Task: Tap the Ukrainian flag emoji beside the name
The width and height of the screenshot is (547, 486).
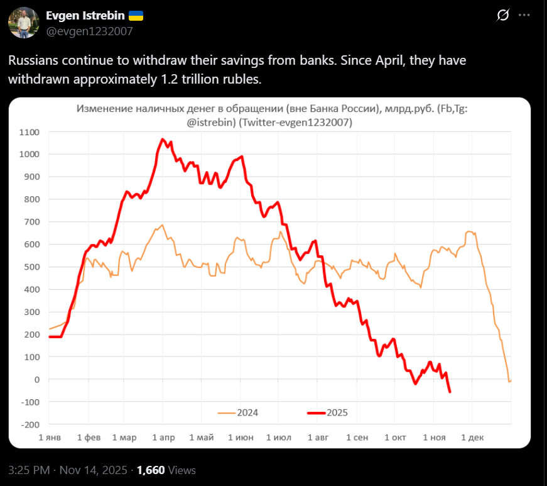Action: point(136,16)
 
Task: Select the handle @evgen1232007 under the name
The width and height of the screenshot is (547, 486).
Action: point(89,31)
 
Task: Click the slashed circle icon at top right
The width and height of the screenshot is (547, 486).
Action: point(502,16)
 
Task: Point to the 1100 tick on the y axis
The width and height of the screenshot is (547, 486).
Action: point(29,132)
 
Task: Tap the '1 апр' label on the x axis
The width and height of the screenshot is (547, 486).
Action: point(163,438)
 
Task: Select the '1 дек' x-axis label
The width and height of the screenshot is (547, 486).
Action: point(472,438)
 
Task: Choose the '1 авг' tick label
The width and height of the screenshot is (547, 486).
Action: point(317,438)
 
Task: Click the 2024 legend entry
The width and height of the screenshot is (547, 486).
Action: point(239,413)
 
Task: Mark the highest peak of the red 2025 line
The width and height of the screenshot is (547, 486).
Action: point(163,139)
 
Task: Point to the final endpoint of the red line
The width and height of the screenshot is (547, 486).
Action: point(450,392)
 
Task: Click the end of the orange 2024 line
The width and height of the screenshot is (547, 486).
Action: point(511,380)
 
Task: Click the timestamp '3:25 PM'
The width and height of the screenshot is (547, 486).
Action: point(30,470)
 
